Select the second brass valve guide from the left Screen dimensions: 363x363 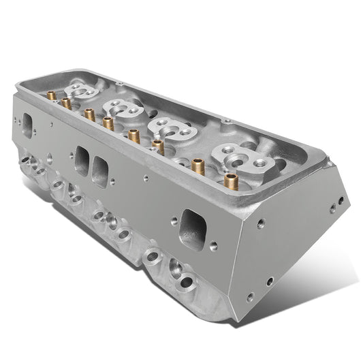point(66,103)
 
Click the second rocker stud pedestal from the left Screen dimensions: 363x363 point(123,107)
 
